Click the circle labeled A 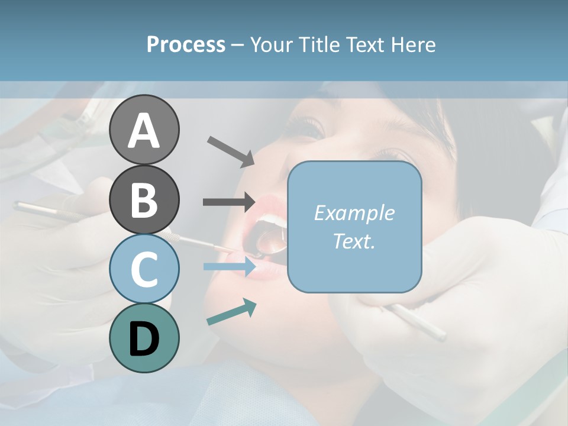(144, 130)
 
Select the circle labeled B (144, 199)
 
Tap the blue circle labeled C (144, 269)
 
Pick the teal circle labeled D (144, 338)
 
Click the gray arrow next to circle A (231, 151)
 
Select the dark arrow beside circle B (229, 202)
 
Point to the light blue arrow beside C (230, 267)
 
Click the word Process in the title (186, 44)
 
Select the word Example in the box (354, 213)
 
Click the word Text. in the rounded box (354, 241)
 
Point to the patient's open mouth (266, 237)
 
